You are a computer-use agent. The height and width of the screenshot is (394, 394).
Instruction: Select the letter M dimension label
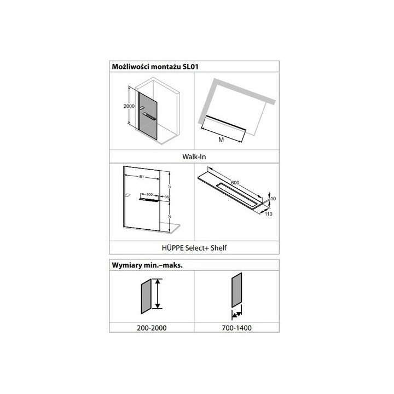221,140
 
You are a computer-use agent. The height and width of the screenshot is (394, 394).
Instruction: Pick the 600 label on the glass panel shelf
149,194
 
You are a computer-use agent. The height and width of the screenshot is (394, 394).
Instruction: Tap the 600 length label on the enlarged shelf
235,183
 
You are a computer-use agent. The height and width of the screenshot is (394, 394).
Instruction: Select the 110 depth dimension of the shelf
269,215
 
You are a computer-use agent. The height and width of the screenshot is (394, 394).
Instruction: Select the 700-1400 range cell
236,328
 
